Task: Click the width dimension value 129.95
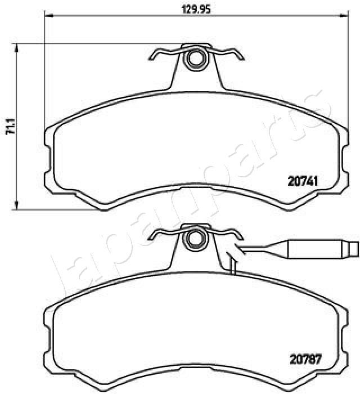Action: pyautogui.click(x=191, y=8)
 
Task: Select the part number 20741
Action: pyautogui.click(x=304, y=181)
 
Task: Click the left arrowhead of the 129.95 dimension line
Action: pyautogui.click(x=47, y=15)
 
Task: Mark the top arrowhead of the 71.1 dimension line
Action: pyautogui.click(x=17, y=49)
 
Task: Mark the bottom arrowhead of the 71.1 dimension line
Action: pyautogui.click(x=17, y=205)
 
